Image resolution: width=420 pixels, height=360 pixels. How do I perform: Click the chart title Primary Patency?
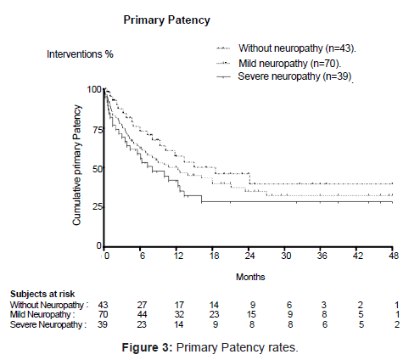coord(166,20)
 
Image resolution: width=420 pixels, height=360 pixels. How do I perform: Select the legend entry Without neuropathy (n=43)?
coord(297,48)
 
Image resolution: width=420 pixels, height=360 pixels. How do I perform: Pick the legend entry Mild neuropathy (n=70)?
coord(290,63)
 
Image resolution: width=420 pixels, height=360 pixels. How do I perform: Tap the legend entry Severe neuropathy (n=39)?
coord(295,76)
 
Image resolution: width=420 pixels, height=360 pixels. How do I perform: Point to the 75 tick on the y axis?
coord(98,130)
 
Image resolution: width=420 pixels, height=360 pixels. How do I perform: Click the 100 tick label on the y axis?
coord(94,89)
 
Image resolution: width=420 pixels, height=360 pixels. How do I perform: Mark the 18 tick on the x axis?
coord(214,256)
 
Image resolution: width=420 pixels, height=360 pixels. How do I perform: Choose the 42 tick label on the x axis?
coord(358,256)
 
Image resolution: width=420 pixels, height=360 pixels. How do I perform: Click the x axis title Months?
coord(250,277)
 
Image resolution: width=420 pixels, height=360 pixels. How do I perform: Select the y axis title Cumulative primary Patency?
coord(76,165)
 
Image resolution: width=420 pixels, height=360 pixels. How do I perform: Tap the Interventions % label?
coord(80,54)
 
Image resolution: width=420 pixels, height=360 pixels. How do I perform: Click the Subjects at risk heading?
coord(42,294)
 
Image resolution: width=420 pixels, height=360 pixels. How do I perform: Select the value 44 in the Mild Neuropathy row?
coord(142,314)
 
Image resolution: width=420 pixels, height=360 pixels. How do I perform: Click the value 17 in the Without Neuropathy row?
coord(179,305)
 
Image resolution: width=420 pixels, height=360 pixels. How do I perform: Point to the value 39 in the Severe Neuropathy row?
coord(103,324)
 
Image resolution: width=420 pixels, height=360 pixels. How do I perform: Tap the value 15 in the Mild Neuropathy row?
coord(251,314)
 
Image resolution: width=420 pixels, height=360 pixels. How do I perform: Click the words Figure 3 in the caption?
coord(146,347)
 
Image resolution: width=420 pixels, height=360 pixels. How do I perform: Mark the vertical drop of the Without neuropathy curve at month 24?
coord(249,178)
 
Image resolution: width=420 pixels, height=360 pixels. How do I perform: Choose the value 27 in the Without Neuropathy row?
coord(142,305)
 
